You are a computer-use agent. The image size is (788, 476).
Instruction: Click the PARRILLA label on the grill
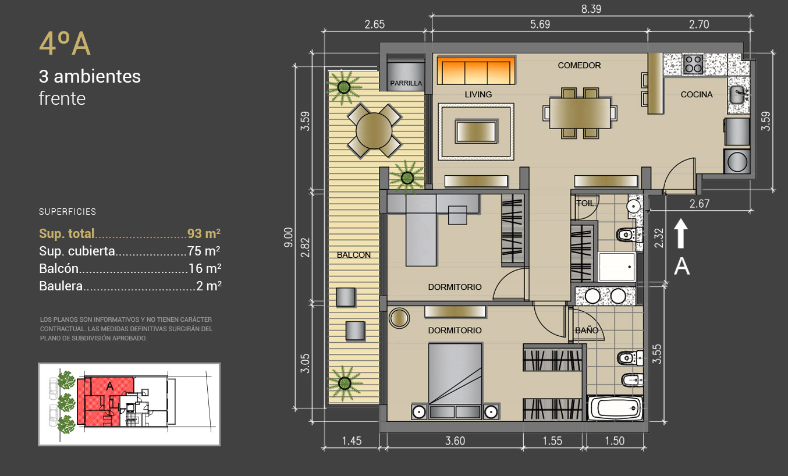point(406,83)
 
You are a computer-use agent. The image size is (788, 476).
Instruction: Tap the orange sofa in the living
point(476,70)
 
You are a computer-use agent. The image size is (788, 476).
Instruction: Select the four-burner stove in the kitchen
point(693,64)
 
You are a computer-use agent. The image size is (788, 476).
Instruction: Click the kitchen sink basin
point(738,94)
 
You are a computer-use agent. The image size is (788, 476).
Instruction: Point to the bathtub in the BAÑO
point(615,408)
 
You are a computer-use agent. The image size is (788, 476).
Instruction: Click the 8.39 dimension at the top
point(591,9)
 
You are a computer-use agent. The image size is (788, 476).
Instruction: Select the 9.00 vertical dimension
point(289,237)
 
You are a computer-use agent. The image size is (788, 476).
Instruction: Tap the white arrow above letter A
point(681,233)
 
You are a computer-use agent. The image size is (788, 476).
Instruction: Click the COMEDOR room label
point(579,65)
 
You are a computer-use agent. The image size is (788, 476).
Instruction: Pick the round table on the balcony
point(374,130)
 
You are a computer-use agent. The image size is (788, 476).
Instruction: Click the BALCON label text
point(353,255)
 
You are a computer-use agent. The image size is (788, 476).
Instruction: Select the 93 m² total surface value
point(204,233)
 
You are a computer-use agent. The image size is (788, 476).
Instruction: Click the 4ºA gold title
point(65,44)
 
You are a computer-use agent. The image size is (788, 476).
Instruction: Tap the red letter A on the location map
point(110,386)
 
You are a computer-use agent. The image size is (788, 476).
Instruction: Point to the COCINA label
point(697,94)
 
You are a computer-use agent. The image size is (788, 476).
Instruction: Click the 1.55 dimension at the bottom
point(552,441)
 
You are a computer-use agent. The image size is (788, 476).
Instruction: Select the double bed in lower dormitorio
point(455,381)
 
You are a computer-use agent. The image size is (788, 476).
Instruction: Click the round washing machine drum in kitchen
point(737,162)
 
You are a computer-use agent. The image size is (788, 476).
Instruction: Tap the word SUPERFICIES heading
point(68,212)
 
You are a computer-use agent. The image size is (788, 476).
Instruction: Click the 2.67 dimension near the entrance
point(700,204)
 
